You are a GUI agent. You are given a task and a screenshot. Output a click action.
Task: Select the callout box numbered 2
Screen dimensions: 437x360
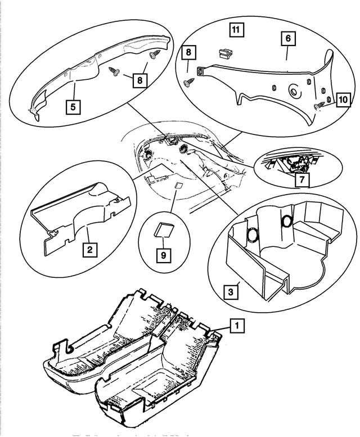[89, 247]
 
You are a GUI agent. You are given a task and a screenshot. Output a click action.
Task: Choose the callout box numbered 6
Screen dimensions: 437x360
[287, 38]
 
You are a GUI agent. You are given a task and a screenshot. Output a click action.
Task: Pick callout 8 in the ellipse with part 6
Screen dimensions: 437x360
[189, 53]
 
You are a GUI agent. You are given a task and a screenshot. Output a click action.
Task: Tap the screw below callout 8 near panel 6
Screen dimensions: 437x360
[188, 83]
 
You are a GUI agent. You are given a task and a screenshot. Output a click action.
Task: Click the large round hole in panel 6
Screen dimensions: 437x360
[293, 91]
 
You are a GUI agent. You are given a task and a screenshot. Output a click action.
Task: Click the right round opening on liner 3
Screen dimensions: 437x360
[286, 221]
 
